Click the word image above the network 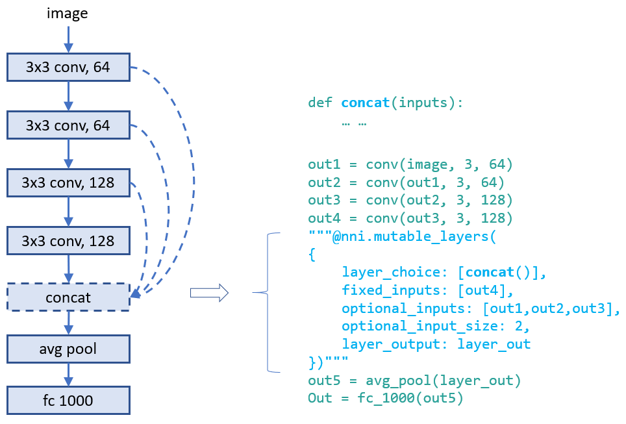pos(67,13)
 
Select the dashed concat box pos(68,298)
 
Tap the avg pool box pos(68,349)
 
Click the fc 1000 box pos(68,400)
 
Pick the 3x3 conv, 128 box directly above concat pos(68,241)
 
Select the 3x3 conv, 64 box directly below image pos(68,67)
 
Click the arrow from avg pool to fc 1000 pos(68,375)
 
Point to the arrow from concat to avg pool pos(68,323)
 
